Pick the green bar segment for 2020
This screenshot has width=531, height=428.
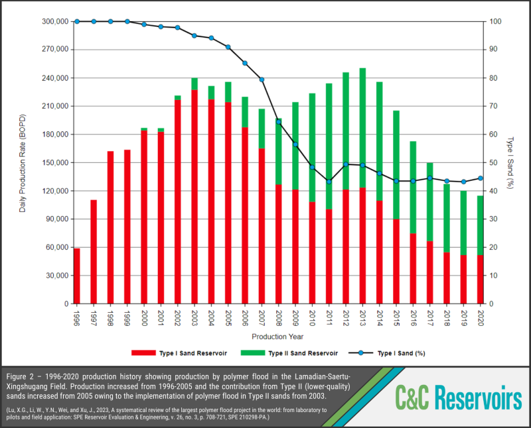(x=480, y=225)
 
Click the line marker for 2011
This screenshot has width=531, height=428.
(x=329, y=182)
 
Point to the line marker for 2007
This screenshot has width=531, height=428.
(x=262, y=80)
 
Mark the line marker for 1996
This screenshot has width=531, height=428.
(x=77, y=21)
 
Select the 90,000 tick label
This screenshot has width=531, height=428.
(x=54, y=219)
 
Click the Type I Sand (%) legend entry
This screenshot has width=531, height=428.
(x=392, y=353)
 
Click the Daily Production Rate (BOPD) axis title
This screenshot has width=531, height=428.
(x=23, y=162)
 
